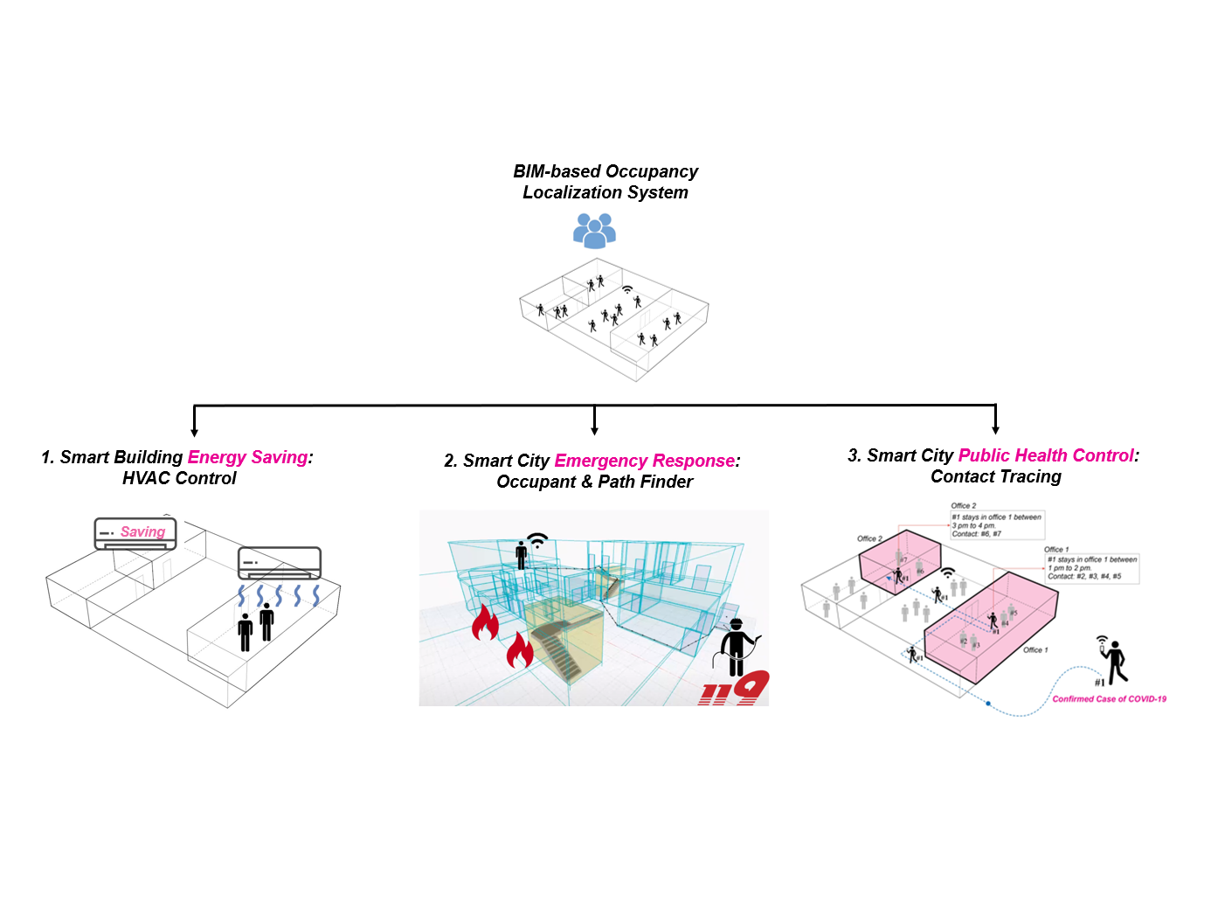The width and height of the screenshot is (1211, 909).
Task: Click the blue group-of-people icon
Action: pyautogui.click(x=594, y=230)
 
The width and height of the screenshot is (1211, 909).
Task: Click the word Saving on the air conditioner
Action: pyautogui.click(x=142, y=531)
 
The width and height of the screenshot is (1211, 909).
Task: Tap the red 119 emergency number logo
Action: pyautogui.click(x=734, y=689)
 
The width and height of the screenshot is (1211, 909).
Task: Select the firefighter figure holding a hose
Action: pyautogui.click(x=737, y=648)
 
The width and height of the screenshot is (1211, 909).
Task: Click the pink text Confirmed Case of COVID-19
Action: pyautogui.click(x=1109, y=699)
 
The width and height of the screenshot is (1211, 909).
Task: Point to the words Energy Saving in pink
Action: pyautogui.click(x=248, y=457)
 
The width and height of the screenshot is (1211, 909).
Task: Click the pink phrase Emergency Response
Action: pyautogui.click(x=645, y=461)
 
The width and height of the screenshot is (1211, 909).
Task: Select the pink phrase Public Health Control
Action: pyautogui.click(x=1046, y=455)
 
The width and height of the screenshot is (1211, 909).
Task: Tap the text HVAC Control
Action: pyautogui.click(x=179, y=478)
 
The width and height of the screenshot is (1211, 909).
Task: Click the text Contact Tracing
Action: pyautogui.click(x=996, y=476)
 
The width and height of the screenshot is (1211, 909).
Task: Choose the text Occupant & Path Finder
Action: pyautogui.click(x=594, y=482)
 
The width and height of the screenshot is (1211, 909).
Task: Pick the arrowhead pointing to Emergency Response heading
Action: pyautogui.click(x=594, y=429)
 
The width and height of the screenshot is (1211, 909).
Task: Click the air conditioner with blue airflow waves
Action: pyautogui.click(x=280, y=563)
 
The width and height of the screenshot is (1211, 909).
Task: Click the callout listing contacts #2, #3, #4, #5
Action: pyautogui.click(x=1092, y=567)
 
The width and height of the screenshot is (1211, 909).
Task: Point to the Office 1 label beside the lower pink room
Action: pyautogui.click(x=1035, y=650)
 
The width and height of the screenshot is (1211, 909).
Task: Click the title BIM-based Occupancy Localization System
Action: pyautogui.click(x=605, y=182)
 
